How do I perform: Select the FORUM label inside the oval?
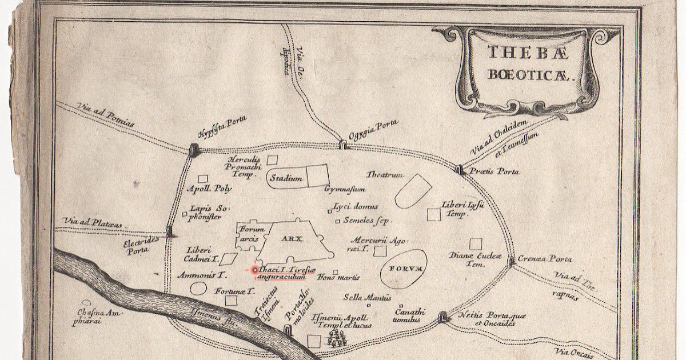[x=404, y=269]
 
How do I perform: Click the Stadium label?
[x=287, y=178]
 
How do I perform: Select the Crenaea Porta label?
[x=544, y=259]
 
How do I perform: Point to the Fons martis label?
[x=340, y=278]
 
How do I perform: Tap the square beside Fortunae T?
[x=232, y=301]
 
